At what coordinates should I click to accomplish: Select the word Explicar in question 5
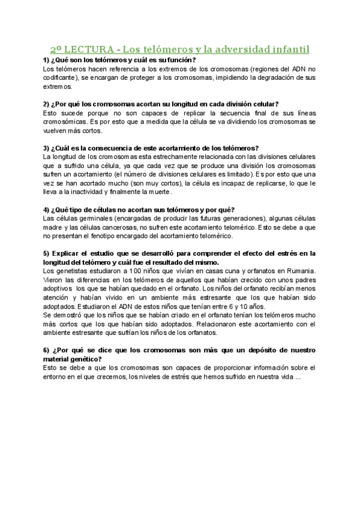(68, 253)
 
